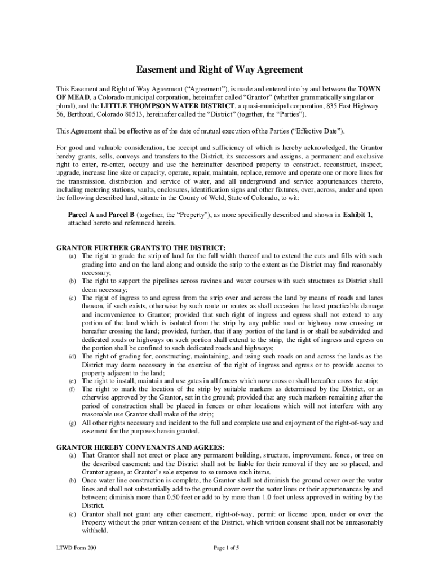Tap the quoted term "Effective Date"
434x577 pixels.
320,131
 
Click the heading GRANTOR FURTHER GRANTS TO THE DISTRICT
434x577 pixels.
141,248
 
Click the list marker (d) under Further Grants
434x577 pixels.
73,357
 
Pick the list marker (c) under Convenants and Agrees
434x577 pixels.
73,514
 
